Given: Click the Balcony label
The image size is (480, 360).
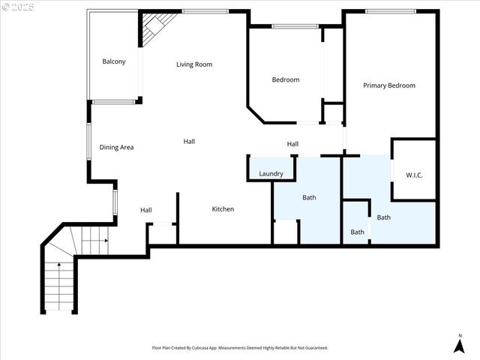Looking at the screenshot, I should coord(114,61).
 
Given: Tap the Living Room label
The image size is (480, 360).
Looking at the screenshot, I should coord(194,64).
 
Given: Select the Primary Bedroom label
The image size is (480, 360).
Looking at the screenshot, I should coord(389,85).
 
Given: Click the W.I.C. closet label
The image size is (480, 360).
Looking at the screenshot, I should coord(415,175).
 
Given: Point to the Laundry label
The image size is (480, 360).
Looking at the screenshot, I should coord(271,174).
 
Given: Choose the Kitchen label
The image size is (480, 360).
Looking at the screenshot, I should coord(223,209).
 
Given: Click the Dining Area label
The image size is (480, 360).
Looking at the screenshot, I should coord(116,147).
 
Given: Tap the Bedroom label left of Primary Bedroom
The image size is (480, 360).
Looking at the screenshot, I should coord(285,79).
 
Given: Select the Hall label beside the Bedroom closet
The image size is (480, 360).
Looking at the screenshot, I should coord(292,144).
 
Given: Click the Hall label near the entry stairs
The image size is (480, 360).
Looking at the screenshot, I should coord(146,210).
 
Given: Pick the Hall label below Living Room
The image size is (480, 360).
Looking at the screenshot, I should coord(190,141).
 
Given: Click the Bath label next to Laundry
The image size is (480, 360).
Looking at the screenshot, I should coord(309,198).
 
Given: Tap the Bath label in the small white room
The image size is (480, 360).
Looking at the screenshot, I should coord(358,232).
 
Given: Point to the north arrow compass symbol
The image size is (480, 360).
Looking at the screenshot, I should coord(459,346).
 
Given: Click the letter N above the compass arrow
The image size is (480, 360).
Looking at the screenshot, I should coord(459,334).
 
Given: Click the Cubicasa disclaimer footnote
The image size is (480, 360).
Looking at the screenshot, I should coord(240,348).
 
